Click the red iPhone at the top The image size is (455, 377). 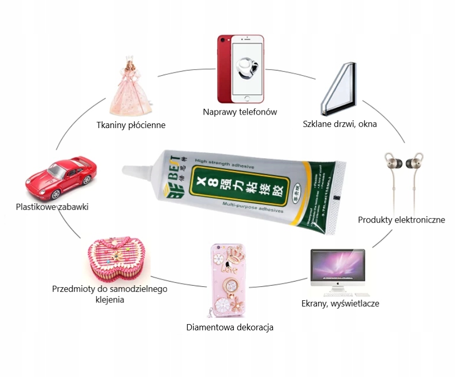pos(240,69)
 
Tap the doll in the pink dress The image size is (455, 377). pos(130,87)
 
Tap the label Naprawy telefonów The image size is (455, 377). pos(240,111)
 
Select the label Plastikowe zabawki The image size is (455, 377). pos(52,207)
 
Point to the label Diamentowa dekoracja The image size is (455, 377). pos(230,327)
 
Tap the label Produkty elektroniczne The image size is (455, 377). pos(402,220)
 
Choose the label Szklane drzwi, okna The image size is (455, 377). pos(340,124)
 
